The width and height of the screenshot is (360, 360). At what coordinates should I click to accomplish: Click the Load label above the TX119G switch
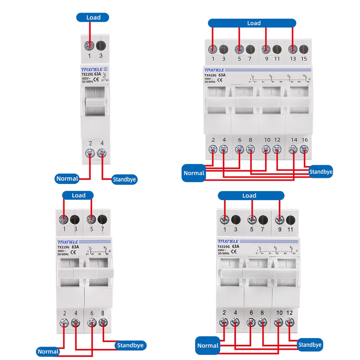[93, 17]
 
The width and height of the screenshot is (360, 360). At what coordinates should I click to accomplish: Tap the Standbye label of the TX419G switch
[320, 172]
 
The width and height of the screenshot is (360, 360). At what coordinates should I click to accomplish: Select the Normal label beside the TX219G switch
[48, 351]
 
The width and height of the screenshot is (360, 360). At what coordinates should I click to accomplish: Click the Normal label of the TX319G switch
[207, 345]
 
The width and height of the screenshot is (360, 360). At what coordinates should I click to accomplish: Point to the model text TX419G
[211, 75]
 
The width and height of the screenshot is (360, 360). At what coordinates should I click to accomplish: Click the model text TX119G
[86, 75]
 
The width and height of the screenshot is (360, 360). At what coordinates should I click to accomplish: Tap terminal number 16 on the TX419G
[304, 140]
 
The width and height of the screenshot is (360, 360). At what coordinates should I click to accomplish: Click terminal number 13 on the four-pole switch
[293, 59]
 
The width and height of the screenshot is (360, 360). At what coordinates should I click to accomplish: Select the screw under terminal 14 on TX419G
[293, 149]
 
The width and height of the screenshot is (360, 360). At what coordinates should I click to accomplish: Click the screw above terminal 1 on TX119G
[90, 45]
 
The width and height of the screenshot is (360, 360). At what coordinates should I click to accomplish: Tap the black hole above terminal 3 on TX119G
[101, 45]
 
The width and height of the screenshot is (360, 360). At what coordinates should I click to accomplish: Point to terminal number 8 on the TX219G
[103, 313]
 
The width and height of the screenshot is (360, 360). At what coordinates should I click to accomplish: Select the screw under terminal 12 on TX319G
[289, 321]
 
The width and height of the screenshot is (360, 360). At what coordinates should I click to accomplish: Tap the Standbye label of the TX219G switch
[130, 345]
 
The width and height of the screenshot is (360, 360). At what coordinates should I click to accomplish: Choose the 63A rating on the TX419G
[222, 75]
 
